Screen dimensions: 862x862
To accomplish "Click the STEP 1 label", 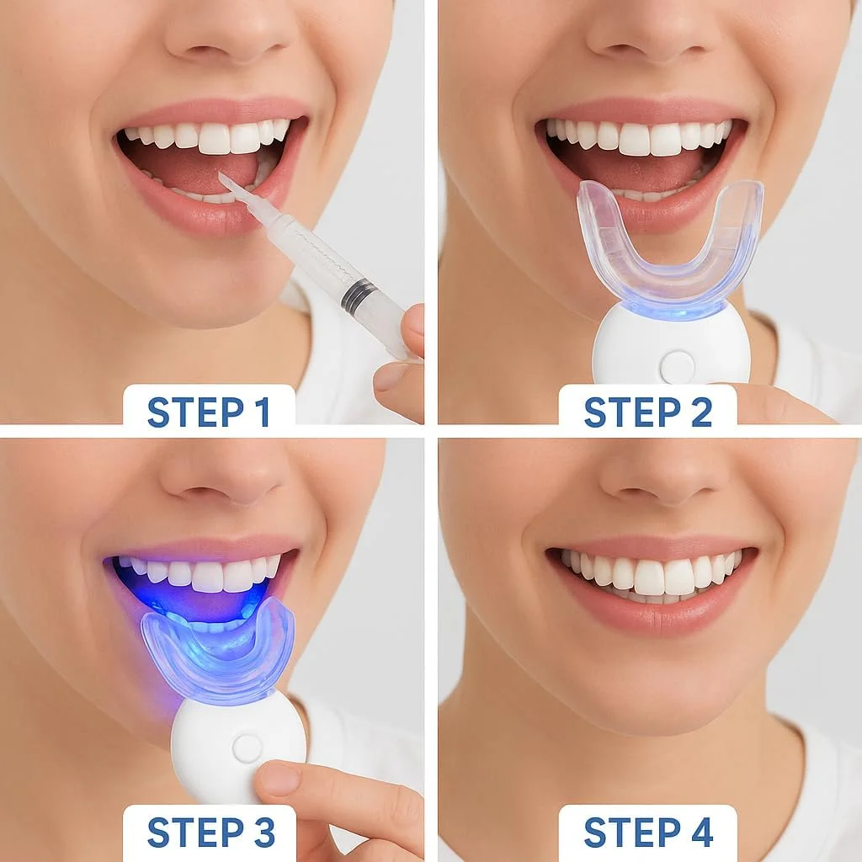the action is click(x=209, y=412).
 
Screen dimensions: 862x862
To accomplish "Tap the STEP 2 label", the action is click(x=647, y=412).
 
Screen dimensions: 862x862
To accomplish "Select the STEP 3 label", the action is click(x=211, y=833).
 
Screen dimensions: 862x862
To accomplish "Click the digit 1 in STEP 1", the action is click(x=263, y=412).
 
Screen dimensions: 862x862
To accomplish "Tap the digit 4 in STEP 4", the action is click(x=700, y=833).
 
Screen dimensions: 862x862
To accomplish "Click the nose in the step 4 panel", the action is click(x=660, y=473).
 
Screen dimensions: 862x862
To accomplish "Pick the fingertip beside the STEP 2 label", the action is click(x=780, y=404).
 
